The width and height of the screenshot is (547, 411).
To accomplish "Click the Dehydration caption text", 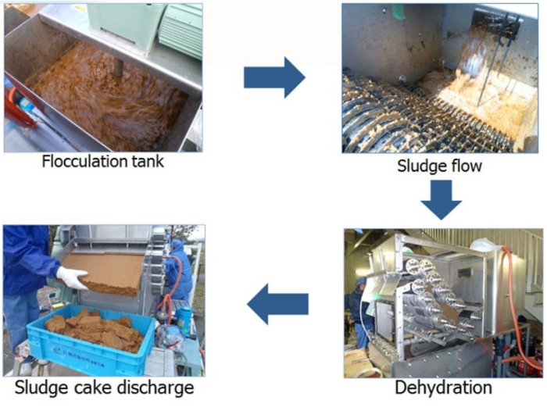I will tap(443, 388).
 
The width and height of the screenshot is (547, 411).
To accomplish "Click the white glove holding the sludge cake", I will tap(71, 277).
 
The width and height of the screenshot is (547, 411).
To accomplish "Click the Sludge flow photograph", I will tap(440, 78).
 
